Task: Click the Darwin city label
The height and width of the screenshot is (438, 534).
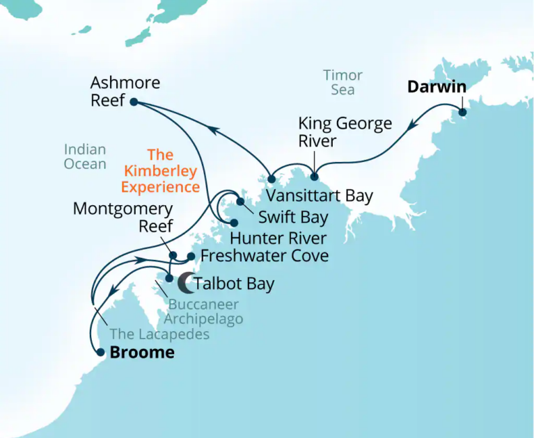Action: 437,88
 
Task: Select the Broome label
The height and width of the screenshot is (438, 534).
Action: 142,352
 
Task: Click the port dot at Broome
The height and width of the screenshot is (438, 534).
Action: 101,353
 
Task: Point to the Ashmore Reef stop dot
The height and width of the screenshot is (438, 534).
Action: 133,102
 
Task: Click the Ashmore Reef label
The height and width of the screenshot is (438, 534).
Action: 125,92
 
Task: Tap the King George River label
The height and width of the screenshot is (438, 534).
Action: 345,132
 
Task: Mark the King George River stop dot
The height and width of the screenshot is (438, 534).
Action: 314,175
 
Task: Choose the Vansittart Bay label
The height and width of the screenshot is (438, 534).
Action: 320,195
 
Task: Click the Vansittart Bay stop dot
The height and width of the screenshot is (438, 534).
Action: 272,179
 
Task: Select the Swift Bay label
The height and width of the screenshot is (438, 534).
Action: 293,217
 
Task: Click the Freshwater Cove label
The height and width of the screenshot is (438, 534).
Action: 265,256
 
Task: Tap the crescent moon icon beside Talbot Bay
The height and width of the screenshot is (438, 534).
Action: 185,282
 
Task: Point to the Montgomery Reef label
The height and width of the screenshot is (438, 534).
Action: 123,217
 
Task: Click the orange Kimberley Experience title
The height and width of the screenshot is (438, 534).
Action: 159,171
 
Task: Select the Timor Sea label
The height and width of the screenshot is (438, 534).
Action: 343,82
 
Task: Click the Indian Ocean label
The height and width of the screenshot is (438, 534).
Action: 85,156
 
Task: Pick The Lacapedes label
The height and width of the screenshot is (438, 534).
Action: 159,334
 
